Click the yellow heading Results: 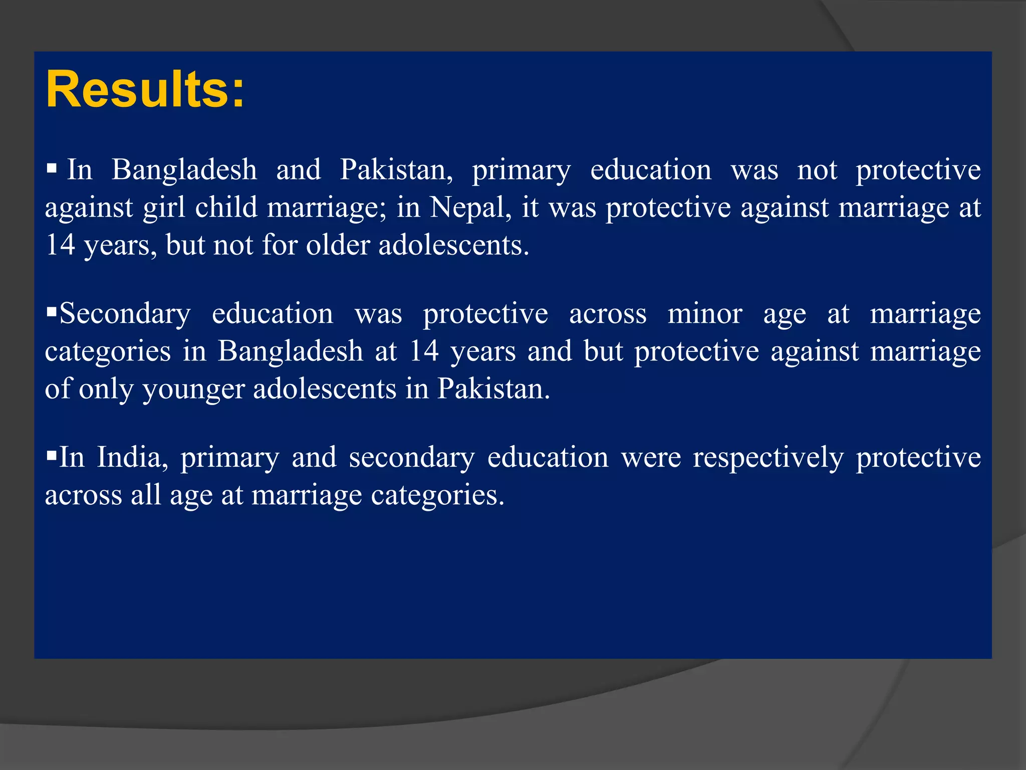coord(145,90)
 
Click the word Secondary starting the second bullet coord(125,314)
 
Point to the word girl coord(164,207)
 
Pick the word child coord(226,207)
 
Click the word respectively coord(768,458)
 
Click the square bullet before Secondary coord(51,312)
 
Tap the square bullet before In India coord(51,456)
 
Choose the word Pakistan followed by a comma coord(396,169)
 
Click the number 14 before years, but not coord(60,245)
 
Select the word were coord(651,457)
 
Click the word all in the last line coord(146,495)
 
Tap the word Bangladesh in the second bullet coord(290,351)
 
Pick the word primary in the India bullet coord(229,458)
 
